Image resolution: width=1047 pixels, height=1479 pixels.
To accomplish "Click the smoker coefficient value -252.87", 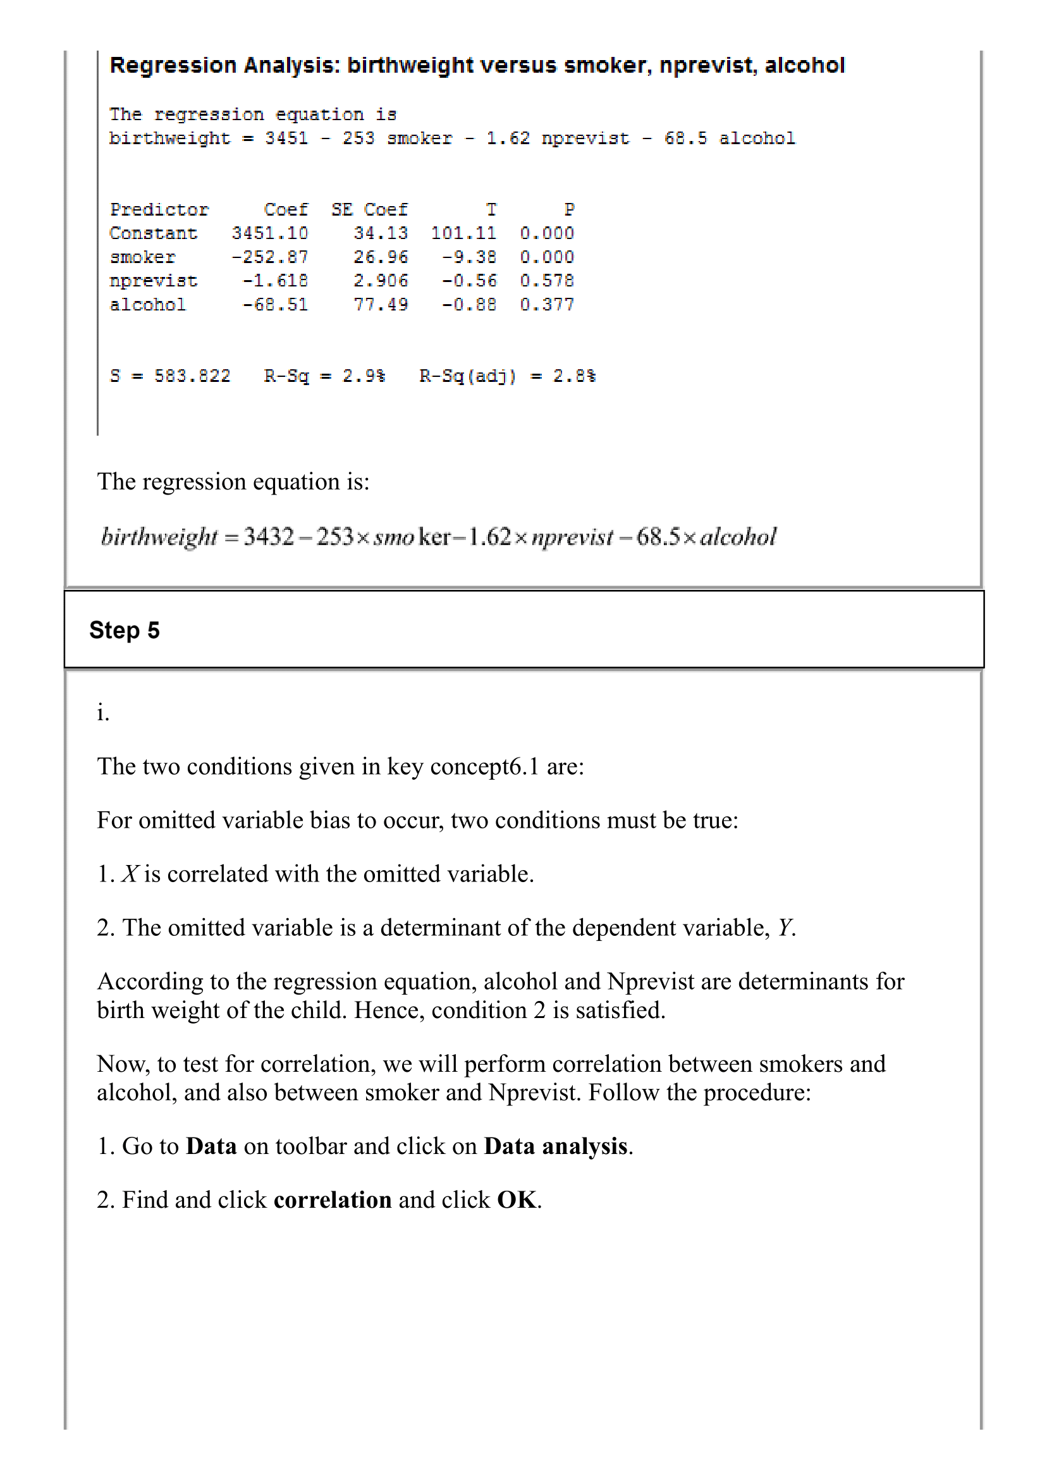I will click(x=270, y=257).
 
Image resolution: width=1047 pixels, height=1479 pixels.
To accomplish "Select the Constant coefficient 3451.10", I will click(x=270, y=233).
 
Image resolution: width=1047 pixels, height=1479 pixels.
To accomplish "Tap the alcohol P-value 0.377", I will click(x=547, y=304).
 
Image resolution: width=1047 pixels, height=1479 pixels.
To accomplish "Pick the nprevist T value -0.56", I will click(x=468, y=281).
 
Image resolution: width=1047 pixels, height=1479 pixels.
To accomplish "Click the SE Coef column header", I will click(x=369, y=209).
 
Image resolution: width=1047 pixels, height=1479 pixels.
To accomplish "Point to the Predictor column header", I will click(x=159, y=209).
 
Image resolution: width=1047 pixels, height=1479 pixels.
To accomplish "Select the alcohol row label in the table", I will click(x=148, y=304).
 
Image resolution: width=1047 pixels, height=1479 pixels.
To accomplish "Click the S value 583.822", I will click(x=192, y=376).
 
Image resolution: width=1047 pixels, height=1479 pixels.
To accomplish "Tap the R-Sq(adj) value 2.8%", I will click(x=574, y=376).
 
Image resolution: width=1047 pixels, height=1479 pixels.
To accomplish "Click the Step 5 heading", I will click(x=125, y=630).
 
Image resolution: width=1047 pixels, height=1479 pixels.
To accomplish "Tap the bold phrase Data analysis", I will click(x=556, y=1146).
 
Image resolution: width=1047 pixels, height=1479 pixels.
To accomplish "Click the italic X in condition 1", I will click(x=130, y=875).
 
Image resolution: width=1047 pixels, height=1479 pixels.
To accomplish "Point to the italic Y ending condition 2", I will click(x=785, y=928).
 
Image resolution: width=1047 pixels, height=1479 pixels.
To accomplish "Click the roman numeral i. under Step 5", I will click(x=102, y=713).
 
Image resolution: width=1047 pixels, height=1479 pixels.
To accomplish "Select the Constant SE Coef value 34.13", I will click(x=381, y=233).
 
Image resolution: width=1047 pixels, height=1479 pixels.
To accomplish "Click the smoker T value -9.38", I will click(x=468, y=257).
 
